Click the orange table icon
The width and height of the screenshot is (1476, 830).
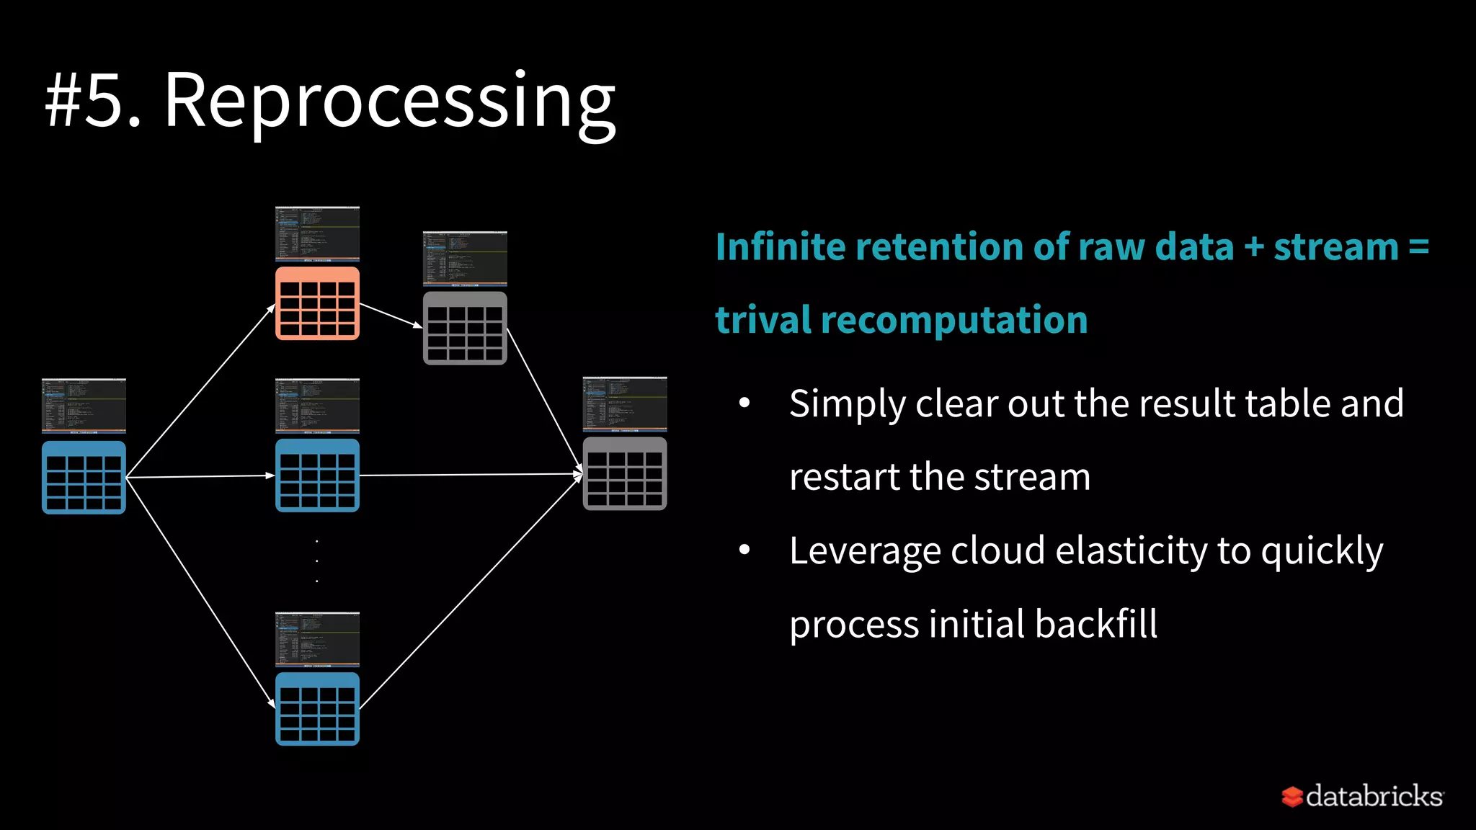317,303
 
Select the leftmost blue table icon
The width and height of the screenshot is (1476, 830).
84,477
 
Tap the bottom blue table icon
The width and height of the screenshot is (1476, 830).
317,709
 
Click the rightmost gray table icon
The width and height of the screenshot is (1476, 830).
624,473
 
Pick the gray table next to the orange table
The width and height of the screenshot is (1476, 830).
465,328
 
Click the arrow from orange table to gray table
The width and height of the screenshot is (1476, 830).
391,316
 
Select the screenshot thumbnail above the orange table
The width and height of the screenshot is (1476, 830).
317,234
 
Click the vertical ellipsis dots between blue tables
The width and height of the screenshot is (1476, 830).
317,561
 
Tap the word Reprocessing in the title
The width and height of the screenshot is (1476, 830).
389,101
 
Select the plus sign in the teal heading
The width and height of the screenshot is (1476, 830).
1254,247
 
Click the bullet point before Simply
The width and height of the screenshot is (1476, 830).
744,403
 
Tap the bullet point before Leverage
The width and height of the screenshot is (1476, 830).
744,550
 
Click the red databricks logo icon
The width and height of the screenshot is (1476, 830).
1291,796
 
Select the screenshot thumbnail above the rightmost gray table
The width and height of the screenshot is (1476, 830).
624,404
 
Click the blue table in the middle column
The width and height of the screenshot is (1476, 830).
317,476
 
